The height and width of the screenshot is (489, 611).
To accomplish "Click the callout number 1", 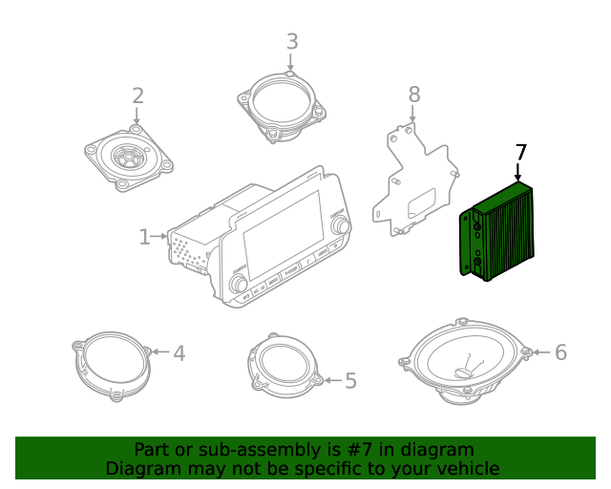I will click(x=144, y=236).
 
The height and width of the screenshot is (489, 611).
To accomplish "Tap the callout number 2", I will click(x=137, y=96).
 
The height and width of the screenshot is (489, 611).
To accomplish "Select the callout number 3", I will click(x=291, y=41).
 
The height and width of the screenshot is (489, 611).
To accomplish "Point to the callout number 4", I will click(x=179, y=353).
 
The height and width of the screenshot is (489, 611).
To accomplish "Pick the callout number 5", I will click(x=350, y=381).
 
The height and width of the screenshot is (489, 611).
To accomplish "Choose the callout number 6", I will click(x=560, y=352).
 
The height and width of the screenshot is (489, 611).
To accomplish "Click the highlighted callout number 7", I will click(x=520, y=153).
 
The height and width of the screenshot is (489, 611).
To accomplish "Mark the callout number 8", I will click(x=413, y=94).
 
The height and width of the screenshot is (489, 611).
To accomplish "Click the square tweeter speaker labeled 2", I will click(x=129, y=155).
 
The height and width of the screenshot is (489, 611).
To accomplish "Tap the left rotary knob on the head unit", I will click(x=239, y=285).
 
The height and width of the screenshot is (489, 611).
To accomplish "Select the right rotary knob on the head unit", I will click(x=339, y=225).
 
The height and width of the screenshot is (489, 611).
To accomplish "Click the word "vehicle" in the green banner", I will click(x=465, y=468).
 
